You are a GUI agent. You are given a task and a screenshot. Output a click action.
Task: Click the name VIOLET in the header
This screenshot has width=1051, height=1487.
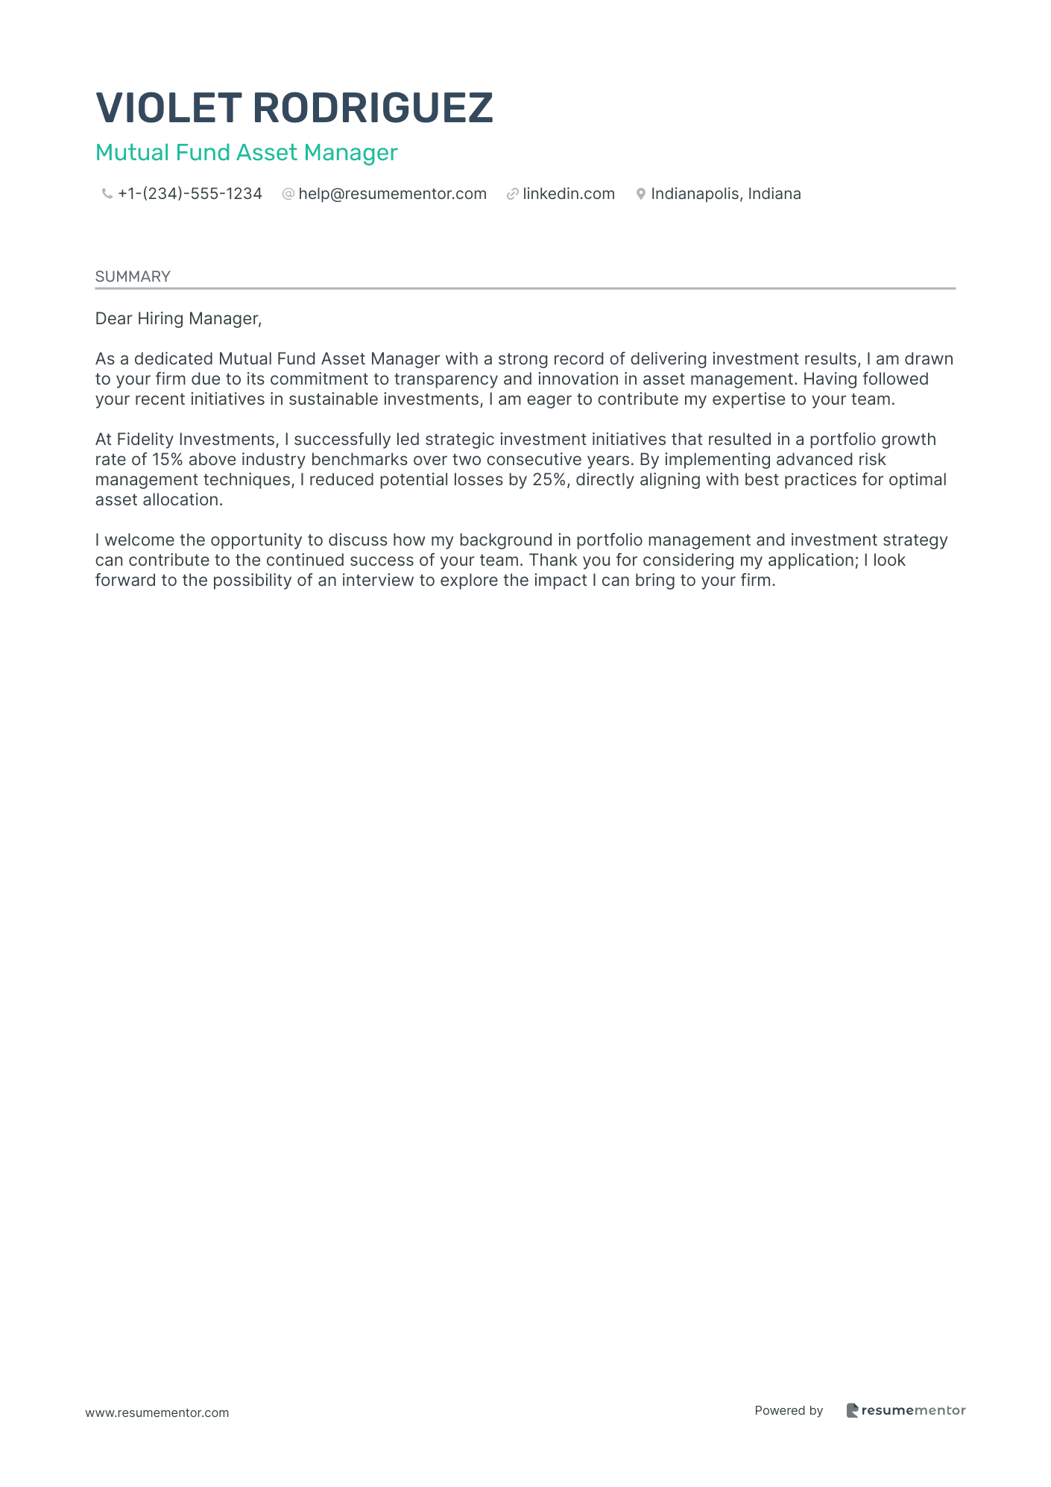pos(169,108)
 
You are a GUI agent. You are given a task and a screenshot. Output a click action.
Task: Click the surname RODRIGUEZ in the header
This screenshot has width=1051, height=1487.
pos(373,108)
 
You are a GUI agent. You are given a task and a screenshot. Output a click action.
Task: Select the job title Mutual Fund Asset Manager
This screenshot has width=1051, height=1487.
pos(246,153)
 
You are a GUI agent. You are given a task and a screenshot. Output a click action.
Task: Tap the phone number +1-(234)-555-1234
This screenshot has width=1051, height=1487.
pos(190,194)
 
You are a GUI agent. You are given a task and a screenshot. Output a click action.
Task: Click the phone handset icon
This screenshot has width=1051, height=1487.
pos(107,195)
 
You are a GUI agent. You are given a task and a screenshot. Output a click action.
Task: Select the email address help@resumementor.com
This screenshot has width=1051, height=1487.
pos(392,194)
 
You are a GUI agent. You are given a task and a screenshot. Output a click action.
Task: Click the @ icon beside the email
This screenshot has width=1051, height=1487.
pos(288,195)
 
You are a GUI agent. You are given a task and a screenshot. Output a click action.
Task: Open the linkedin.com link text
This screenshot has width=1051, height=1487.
pos(569,194)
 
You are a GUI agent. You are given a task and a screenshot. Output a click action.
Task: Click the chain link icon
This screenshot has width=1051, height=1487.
pos(512,195)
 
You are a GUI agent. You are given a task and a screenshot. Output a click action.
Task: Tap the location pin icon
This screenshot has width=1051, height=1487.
pos(640,195)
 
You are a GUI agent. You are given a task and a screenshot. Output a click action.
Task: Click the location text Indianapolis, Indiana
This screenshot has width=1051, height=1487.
pos(725,194)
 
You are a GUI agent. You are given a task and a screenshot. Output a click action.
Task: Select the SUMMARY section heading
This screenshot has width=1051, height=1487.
pos(133,277)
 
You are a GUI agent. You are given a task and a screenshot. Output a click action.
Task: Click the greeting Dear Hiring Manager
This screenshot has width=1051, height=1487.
pos(178,319)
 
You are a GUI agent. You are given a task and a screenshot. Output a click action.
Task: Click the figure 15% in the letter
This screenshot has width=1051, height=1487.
pos(167,460)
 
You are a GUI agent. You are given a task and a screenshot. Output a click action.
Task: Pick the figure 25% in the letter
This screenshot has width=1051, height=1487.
pos(549,480)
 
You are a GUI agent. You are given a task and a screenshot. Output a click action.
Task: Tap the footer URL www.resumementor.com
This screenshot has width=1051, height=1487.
pos(157,1412)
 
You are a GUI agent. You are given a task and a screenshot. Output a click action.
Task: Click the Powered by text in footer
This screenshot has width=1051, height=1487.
pos(789,1410)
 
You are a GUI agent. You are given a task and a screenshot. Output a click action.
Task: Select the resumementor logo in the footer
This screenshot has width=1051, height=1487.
pos(906,1410)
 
